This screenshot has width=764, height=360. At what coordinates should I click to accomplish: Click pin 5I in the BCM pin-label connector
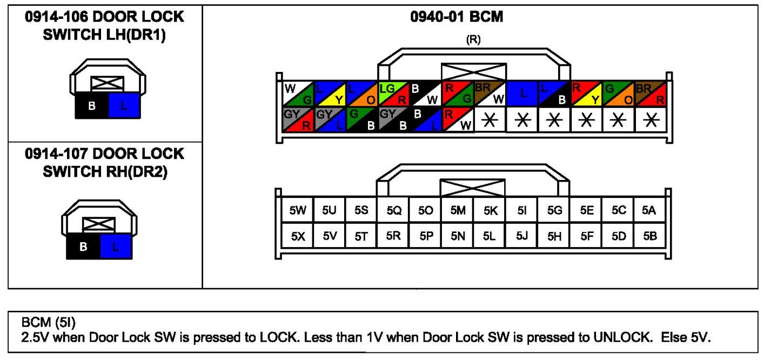(521, 211)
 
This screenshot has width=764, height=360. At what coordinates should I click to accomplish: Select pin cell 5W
(298, 211)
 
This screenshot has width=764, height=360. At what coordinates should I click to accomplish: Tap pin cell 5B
(649, 236)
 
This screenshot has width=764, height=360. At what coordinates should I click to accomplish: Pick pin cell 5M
(458, 211)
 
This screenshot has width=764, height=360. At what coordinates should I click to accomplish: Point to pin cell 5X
(298, 236)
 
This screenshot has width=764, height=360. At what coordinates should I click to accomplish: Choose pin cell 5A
(649, 211)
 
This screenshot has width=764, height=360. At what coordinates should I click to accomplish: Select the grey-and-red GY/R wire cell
(298, 119)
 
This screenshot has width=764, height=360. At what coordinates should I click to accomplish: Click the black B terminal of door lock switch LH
(91, 105)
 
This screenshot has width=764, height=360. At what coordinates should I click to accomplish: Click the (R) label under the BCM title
(473, 39)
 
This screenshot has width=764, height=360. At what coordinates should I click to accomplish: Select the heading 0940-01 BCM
(457, 17)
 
